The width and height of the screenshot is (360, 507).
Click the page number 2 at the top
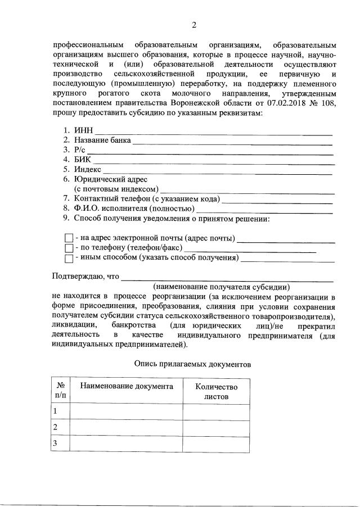click(x=194, y=25)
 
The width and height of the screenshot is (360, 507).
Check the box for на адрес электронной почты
click(x=69, y=238)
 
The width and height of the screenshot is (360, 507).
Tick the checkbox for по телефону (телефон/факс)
click(x=69, y=248)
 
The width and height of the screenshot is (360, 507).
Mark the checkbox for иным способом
click(x=69, y=259)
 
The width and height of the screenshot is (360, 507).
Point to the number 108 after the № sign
click(x=328, y=103)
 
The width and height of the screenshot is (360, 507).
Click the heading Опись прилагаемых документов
click(x=192, y=364)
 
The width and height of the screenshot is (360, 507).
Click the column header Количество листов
click(x=216, y=391)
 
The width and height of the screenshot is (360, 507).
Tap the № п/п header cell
click(x=60, y=391)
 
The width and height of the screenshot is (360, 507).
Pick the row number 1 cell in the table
click(x=55, y=411)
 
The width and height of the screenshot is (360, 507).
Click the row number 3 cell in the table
click(x=55, y=444)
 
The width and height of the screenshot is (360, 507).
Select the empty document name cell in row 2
click(x=126, y=428)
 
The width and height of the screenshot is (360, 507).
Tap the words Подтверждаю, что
click(x=85, y=276)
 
